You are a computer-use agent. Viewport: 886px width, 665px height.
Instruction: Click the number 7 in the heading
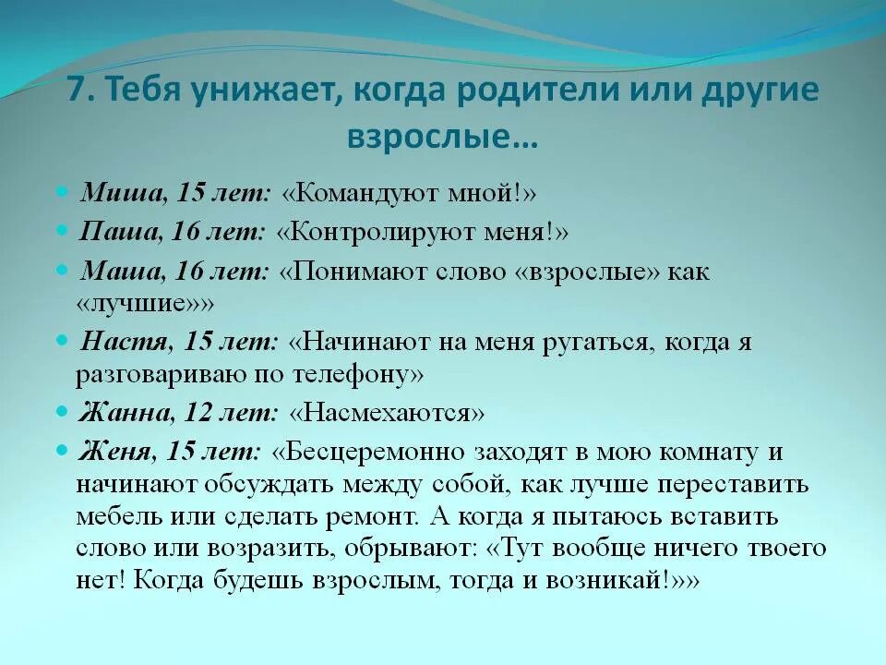point(77,92)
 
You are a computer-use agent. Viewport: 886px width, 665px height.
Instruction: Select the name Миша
point(117,193)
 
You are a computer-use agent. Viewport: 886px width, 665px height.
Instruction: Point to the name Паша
point(118,232)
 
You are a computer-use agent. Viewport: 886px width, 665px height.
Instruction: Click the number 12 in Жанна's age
point(200,411)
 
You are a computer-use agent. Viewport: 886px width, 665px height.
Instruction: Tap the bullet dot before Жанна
point(62,410)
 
